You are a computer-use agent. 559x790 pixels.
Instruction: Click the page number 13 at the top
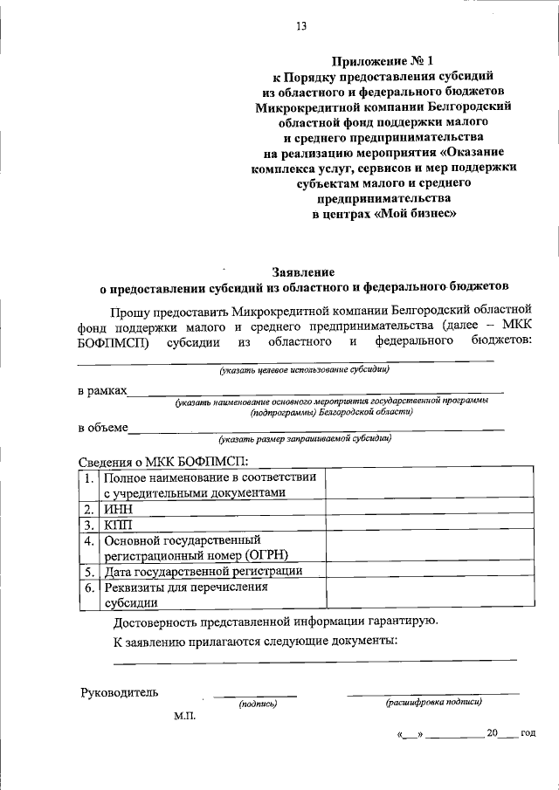(x=300, y=27)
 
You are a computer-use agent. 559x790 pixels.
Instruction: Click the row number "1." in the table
(x=89, y=478)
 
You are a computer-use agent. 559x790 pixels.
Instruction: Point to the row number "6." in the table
(x=89, y=587)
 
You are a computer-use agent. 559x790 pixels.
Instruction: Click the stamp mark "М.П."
(x=185, y=716)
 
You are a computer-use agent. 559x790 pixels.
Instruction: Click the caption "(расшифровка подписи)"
(x=433, y=702)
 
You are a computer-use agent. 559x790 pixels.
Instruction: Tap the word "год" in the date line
(x=528, y=733)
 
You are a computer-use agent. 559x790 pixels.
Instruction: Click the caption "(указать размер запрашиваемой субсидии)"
(x=305, y=439)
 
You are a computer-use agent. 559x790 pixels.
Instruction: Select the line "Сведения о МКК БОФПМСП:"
(x=163, y=459)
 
